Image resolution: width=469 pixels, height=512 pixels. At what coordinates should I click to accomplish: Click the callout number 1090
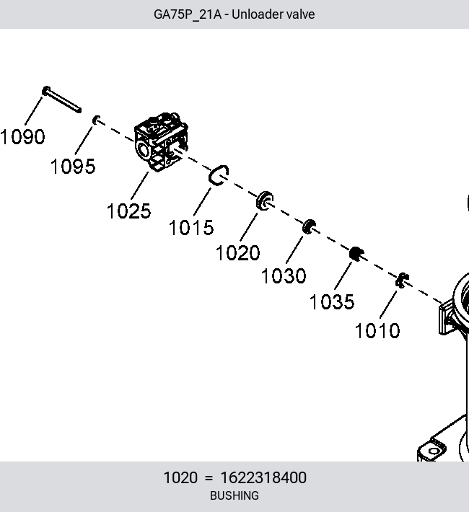coord(22,136)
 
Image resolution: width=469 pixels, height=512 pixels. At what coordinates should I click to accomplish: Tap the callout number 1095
coord(73,166)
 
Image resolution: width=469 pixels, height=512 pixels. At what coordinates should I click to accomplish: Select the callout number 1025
coord(128,211)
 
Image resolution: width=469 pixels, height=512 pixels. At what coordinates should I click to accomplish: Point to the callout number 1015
coord(191,227)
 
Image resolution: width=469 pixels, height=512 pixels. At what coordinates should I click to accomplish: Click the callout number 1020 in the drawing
coord(238,252)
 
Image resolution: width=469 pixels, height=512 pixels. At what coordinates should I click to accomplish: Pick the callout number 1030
coord(284,276)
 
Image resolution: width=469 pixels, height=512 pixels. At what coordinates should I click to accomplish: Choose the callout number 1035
coord(332,301)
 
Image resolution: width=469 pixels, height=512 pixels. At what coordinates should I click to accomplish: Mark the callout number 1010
coord(377,331)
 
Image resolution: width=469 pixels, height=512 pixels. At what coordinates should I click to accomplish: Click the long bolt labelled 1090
coord(61,100)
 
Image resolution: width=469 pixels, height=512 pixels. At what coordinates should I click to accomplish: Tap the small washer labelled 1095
coord(96,120)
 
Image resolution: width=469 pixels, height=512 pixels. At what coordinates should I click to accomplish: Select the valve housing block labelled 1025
coord(161,142)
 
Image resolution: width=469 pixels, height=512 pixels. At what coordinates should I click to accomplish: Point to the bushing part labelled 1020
coord(264,200)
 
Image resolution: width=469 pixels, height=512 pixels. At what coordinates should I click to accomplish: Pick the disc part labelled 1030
coord(309,226)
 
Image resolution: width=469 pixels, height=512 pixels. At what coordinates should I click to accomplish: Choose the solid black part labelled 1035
coord(356,254)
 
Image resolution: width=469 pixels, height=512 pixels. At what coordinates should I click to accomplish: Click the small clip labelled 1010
coord(402,281)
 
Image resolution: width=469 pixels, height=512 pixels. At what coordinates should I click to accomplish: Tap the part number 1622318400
coord(263,477)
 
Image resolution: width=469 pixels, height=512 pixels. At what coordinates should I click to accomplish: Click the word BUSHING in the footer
coord(234,495)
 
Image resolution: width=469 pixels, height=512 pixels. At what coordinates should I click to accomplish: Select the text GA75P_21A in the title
coord(188,14)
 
